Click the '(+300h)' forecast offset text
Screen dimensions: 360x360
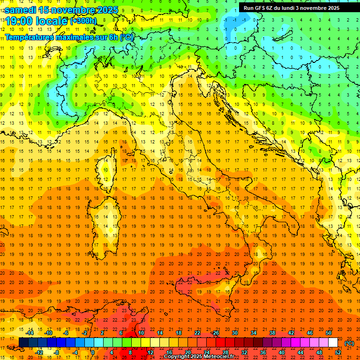[83, 21]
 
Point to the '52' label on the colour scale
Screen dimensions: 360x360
[338, 352]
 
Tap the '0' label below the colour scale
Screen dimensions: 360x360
[92, 352]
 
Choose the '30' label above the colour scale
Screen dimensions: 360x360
[234, 333]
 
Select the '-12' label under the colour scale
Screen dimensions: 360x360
[39, 352]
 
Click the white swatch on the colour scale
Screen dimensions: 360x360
[333, 343]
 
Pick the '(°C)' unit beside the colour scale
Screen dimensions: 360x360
[349, 343]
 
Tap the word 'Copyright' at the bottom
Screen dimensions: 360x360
[177, 357]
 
